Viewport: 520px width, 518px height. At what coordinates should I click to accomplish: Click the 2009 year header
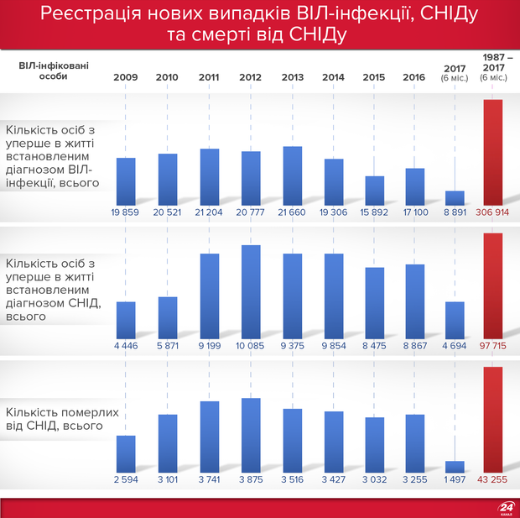[125, 77]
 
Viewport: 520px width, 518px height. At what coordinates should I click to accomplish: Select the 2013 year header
[292, 77]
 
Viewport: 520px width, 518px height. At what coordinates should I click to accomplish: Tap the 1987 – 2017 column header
[493, 66]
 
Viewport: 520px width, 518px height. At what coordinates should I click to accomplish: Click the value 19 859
[126, 212]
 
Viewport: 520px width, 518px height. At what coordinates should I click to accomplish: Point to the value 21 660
[292, 212]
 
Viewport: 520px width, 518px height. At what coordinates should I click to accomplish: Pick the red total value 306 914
[493, 212]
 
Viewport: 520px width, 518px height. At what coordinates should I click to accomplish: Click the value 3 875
[251, 479]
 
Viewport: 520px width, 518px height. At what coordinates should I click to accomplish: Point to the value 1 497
[455, 479]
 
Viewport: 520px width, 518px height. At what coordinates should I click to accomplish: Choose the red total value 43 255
[493, 479]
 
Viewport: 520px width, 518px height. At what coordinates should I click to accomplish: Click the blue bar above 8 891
[455, 197]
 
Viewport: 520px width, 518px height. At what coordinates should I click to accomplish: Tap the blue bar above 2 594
[126, 453]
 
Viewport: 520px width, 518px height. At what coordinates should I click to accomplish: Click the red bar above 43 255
[493, 420]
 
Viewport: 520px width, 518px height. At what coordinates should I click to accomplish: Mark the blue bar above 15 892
[375, 190]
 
